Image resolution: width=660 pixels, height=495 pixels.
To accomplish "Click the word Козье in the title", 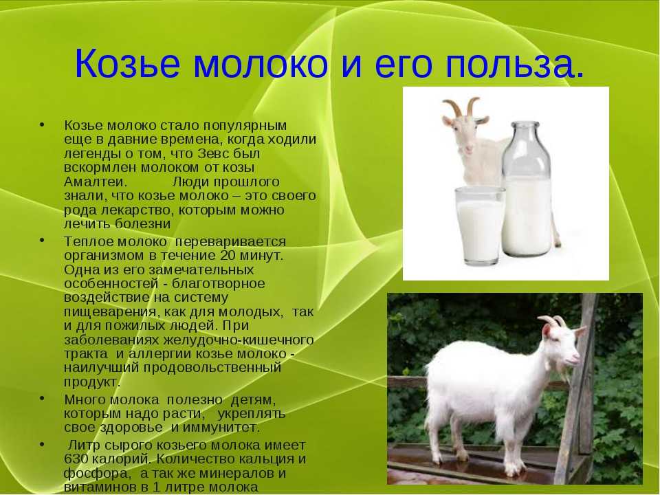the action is (x=127, y=63).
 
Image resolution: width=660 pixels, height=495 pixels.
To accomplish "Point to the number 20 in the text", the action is (x=228, y=256).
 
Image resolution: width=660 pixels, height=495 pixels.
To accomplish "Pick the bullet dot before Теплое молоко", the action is (x=42, y=240).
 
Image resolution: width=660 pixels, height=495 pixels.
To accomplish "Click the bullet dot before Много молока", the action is (x=42, y=398).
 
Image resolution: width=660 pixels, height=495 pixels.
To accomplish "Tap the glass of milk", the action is (x=479, y=226).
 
